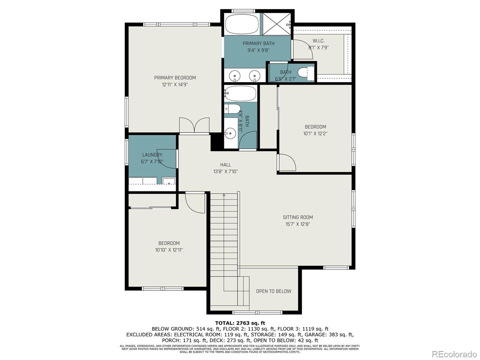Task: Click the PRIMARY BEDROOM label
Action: (175, 78)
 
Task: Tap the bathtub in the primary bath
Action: (242, 24)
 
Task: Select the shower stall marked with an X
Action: (276, 24)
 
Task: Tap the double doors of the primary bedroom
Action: (194, 125)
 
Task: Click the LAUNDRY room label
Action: (152, 155)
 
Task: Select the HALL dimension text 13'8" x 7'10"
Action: (225, 171)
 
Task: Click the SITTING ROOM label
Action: (298, 217)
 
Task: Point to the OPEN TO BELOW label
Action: (273, 291)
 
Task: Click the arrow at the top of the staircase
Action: (224, 195)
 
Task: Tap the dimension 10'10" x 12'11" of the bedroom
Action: (169, 250)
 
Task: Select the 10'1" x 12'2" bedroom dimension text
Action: (315, 133)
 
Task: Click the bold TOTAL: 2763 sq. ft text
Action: (240, 323)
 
